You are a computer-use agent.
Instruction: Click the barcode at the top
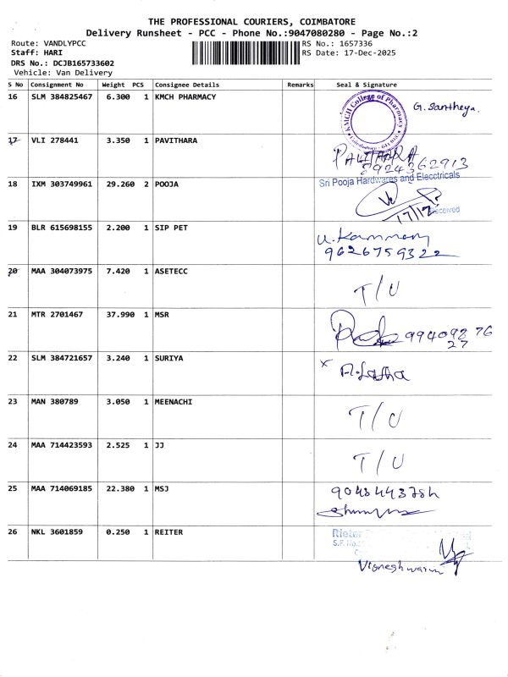[x=246, y=52]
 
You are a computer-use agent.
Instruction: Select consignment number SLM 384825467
[x=62, y=96]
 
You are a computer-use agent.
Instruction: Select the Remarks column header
[x=300, y=85]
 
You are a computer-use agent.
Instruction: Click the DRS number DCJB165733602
[x=83, y=63]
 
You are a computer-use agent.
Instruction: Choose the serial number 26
[x=12, y=531]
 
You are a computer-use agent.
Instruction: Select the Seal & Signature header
[x=366, y=85]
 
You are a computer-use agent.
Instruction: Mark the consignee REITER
[x=169, y=531]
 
